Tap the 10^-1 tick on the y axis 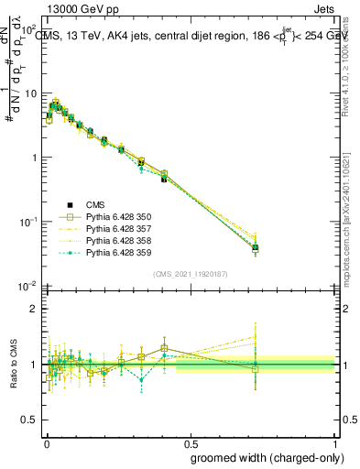(25, 222)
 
